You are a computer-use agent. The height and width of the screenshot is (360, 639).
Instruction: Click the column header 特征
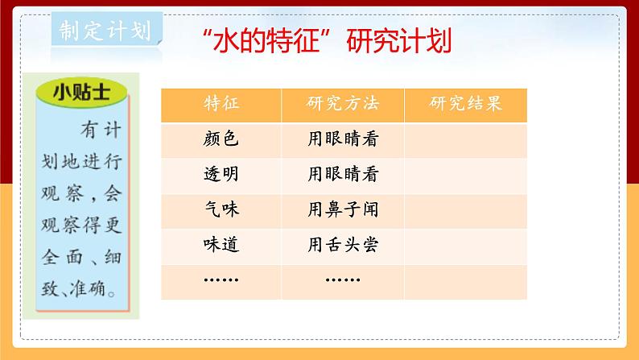221,105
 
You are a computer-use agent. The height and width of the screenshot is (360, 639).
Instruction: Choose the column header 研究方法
343,105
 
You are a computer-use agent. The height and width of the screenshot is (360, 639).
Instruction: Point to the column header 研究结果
466,105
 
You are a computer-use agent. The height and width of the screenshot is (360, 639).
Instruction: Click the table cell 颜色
221,139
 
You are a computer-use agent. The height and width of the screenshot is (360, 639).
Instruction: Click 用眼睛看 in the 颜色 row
343,139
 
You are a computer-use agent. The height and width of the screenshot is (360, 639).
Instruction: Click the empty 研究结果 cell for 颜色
466,139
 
